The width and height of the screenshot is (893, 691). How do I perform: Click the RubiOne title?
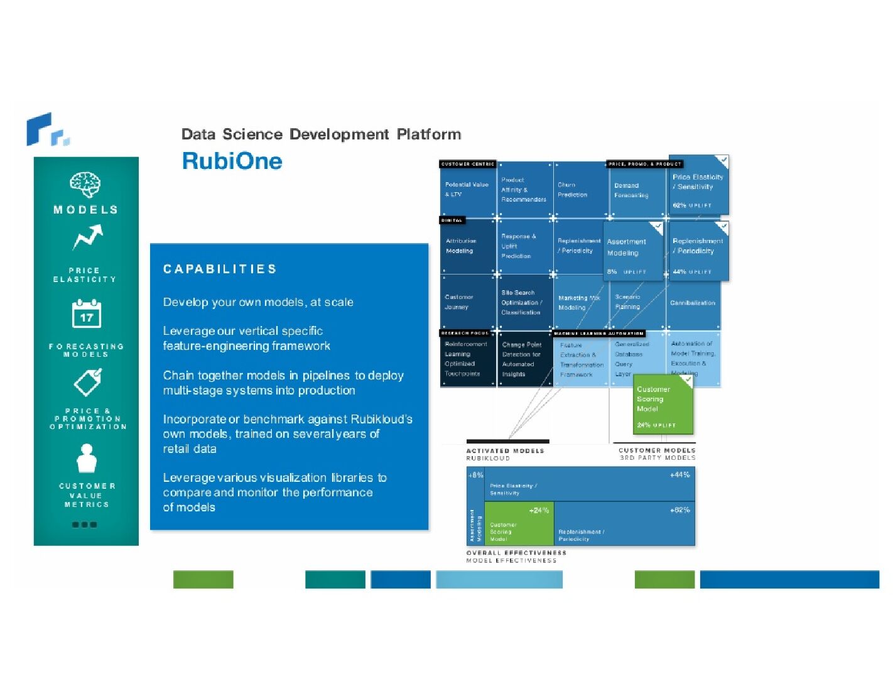click(x=232, y=161)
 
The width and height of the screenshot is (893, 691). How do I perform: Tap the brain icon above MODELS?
click(x=85, y=185)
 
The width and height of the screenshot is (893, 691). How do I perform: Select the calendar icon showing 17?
click(x=86, y=314)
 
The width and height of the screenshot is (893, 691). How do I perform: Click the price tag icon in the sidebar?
click(x=87, y=382)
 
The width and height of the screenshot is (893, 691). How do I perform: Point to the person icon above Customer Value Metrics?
click(x=87, y=459)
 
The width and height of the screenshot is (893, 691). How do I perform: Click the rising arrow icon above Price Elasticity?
click(x=87, y=238)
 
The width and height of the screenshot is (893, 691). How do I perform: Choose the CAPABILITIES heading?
click(x=220, y=269)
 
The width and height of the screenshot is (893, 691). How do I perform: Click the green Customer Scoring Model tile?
click(x=663, y=404)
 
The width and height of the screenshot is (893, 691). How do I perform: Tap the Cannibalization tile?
click(x=693, y=303)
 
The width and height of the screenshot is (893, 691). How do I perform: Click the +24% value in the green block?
click(x=539, y=510)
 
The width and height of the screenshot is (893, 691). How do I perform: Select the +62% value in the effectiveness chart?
click(x=679, y=510)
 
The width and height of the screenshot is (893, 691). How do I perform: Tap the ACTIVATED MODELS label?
click(x=505, y=450)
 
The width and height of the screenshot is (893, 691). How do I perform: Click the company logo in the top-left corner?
click(x=48, y=129)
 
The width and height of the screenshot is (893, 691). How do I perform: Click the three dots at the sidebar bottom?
click(x=85, y=525)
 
